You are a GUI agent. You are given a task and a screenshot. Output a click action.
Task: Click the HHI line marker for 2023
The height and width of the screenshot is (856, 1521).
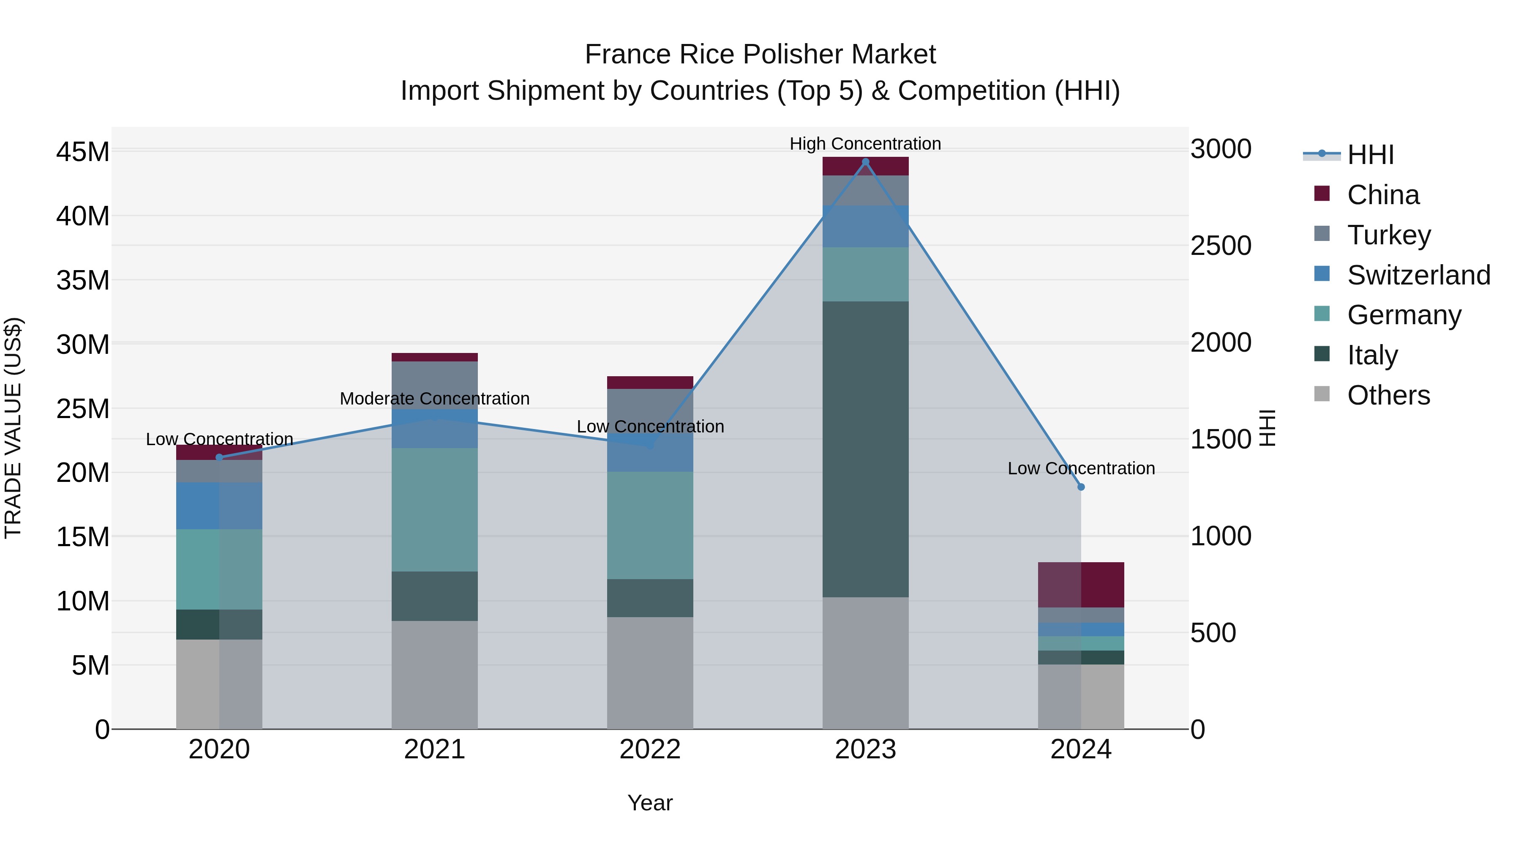tap(866, 162)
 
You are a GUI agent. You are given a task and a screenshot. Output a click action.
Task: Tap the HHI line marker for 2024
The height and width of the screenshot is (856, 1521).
tap(1081, 487)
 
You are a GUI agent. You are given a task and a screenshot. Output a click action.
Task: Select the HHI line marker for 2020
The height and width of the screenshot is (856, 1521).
tap(219, 457)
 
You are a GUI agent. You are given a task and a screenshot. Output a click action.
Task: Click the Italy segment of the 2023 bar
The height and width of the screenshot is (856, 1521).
tap(866, 449)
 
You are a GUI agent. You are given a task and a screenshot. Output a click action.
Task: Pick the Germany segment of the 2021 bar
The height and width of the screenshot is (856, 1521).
tap(435, 509)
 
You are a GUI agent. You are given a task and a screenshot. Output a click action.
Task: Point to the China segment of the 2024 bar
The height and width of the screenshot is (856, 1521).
tap(1081, 585)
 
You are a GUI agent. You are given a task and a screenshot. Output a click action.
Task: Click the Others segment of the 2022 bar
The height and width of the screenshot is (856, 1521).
tap(650, 673)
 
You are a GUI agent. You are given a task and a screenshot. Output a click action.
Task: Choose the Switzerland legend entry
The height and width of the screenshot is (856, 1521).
tap(1418, 275)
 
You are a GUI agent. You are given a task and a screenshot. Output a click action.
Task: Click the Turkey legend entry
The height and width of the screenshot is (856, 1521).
tap(1389, 235)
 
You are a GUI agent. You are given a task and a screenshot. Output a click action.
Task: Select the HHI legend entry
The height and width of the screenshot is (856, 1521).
tap(1370, 155)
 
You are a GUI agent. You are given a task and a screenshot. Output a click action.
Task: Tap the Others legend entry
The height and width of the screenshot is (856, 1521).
tap(1388, 395)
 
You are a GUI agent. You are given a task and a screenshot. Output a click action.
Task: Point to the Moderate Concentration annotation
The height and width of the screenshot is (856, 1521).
tap(435, 399)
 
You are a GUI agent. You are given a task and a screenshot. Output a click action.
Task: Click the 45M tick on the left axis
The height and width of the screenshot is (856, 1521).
tap(83, 152)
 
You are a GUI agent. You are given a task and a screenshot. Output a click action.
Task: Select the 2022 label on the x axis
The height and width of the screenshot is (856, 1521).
tap(650, 749)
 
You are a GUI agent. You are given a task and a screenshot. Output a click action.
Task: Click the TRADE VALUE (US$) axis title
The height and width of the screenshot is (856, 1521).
tap(13, 428)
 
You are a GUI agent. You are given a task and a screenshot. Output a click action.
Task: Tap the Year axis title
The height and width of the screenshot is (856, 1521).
tap(650, 803)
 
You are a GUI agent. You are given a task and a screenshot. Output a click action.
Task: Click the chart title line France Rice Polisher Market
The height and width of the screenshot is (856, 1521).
tap(760, 55)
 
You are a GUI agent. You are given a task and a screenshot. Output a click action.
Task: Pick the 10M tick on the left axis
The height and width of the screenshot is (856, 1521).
tap(83, 602)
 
